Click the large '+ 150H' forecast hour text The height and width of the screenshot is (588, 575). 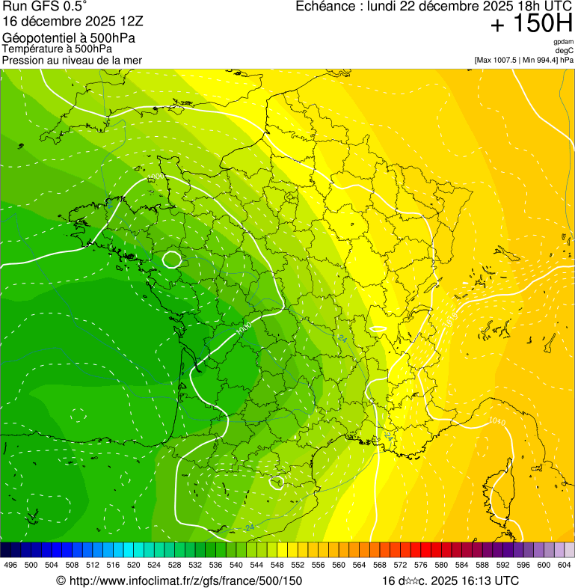(x=531, y=24)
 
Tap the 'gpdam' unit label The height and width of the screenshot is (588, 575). (x=563, y=42)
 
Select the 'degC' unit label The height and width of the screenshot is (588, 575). (x=565, y=51)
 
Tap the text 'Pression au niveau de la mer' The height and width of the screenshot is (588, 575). (x=72, y=60)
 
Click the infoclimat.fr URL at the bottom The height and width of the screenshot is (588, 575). (x=179, y=581)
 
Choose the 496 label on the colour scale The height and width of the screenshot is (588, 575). (x=10, y=565)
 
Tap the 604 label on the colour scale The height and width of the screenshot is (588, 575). (x=565, y=565)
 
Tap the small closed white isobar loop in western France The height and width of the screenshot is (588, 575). (x=172, y=260)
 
